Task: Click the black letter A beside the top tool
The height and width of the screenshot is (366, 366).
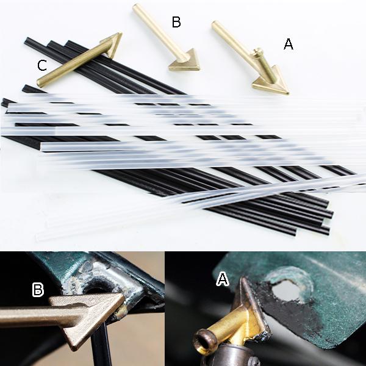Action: [x=289, y=44]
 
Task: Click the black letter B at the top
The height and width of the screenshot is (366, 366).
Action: [x=176, y=22]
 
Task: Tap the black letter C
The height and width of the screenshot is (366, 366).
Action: [x=42, y=65]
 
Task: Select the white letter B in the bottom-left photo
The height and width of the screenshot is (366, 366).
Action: [x=38, y=289]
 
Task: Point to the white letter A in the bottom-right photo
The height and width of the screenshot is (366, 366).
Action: [x=223, y=279]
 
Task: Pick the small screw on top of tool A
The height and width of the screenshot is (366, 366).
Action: [x=257, y=50]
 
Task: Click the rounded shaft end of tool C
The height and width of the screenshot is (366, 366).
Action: [x=40, y=82]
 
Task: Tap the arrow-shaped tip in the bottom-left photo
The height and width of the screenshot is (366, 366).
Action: [x=93, y=317]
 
